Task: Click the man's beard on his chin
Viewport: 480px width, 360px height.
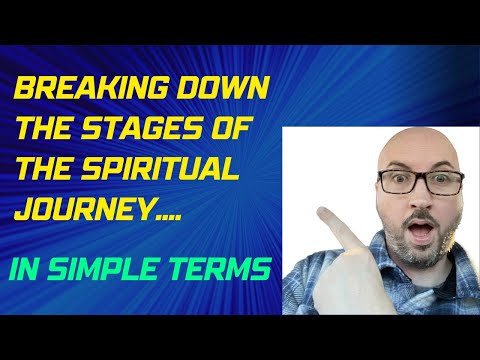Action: tap(425, 252)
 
